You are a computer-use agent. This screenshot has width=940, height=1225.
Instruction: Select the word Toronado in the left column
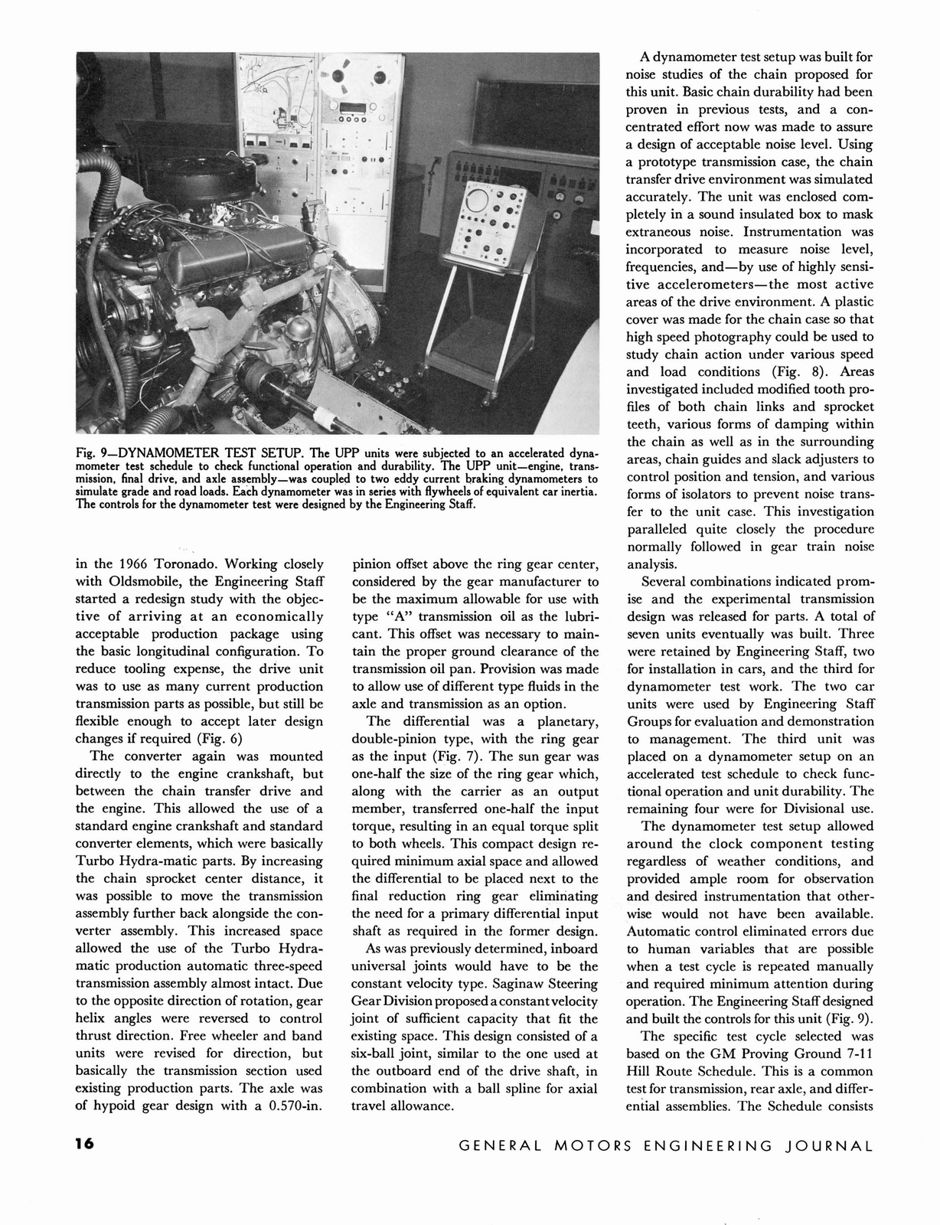click(183, 564)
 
